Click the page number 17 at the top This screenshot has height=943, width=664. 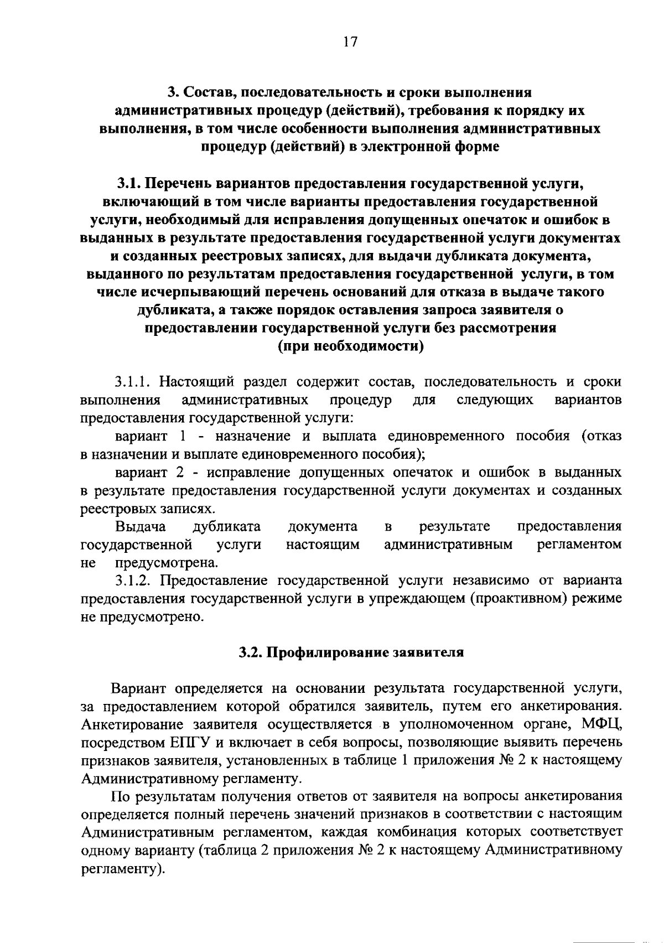coord(350,43)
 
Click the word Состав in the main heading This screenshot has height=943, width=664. coord(208,92)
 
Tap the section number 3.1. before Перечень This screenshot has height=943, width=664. coord(132,183)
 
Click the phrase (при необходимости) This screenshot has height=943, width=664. coord(350,346)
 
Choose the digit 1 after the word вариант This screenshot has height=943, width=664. coord(182,436)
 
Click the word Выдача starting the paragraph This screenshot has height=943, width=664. coord(141,526)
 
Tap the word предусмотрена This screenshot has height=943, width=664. coord(167,563)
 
